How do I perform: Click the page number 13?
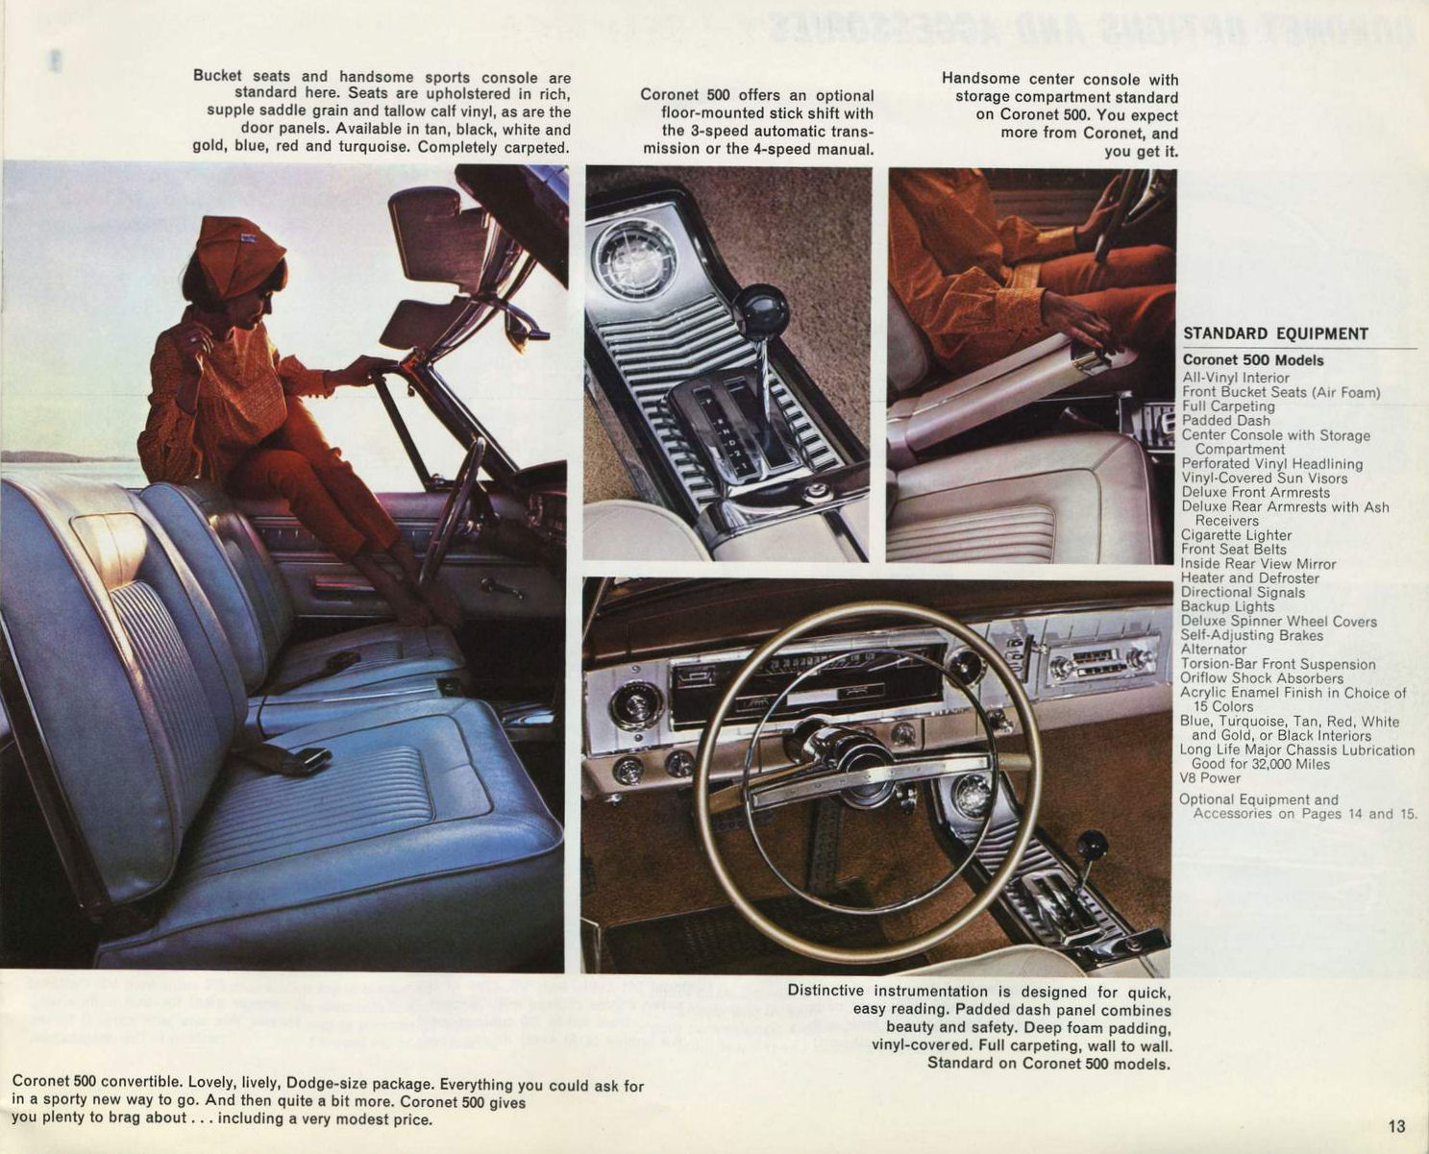[1396, 1125]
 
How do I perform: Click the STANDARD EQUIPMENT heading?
[1275, 334]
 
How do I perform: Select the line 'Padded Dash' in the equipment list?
[1225, 421]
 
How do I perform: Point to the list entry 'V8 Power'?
[1210, 778]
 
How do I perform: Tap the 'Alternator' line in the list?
[1214, 650]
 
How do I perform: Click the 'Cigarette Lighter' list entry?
[1237, 535]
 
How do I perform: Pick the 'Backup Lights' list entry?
[1227, 606]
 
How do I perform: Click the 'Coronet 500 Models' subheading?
[1253, 360]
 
